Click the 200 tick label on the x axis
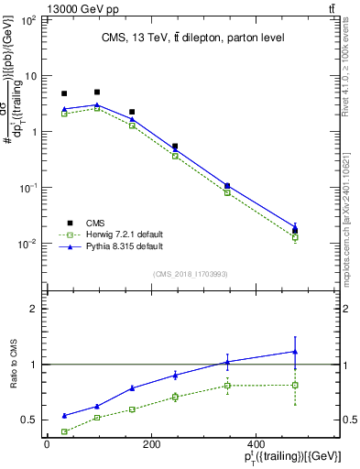click(150, 445)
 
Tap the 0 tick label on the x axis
click(47, 445)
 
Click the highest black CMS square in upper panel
click(97, 92)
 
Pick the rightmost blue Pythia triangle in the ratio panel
click(295, 351)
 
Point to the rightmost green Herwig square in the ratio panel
click(295, 385)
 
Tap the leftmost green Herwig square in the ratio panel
click(64, 431)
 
